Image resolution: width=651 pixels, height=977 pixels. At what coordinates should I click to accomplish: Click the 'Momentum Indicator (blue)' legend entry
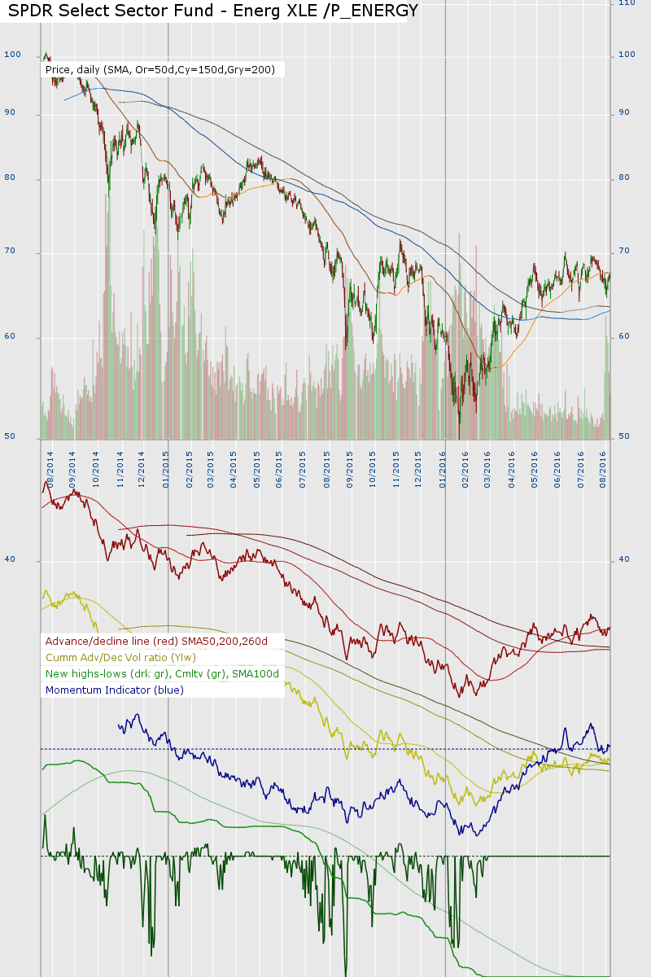[115, 690]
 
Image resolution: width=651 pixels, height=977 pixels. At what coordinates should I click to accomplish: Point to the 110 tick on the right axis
[627, 3]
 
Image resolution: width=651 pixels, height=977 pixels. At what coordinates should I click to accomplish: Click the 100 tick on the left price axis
[12, 55]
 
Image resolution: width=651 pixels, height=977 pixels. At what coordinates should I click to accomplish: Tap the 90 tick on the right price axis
[625, 112]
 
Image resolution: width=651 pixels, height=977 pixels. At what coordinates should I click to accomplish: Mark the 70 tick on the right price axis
[625, 252]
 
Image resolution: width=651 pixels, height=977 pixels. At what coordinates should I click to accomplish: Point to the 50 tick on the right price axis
[625, 437]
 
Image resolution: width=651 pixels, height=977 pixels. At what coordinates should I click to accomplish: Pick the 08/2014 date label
[50, 467]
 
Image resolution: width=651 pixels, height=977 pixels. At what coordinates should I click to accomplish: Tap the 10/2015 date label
[373, 467]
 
